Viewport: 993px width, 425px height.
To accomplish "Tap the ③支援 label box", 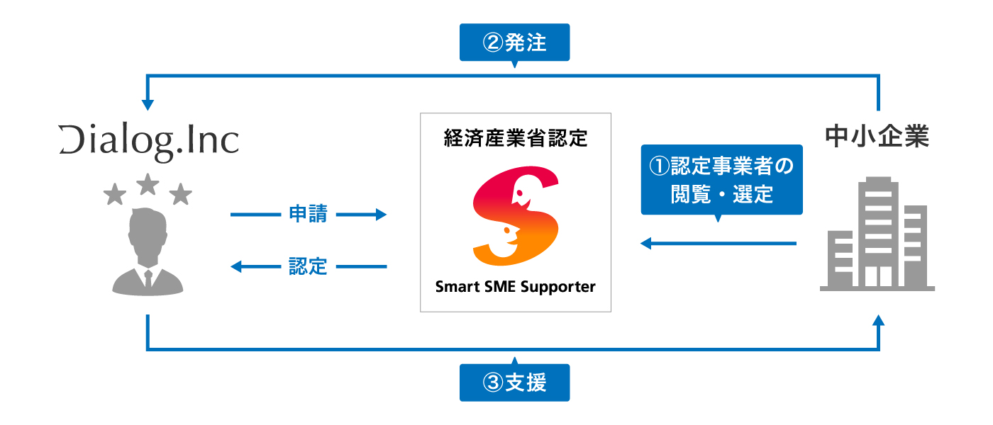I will click(x=514, y=382).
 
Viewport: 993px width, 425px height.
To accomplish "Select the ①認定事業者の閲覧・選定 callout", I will click(x=721, y=180).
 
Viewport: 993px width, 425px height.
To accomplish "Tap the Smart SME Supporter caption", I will click(x=515, y=287).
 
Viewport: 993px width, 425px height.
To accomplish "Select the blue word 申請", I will click(x=309, y=214).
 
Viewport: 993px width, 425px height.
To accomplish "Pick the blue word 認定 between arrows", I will click(x=309, y=267).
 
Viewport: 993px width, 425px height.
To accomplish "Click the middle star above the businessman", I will click(x=148, y=184).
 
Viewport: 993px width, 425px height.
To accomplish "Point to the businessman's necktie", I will click(x=148, y=278).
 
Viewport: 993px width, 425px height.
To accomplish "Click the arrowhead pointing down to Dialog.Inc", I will click(x=148, y=105).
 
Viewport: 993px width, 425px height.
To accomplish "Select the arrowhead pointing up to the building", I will click(x=879, y=321).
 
